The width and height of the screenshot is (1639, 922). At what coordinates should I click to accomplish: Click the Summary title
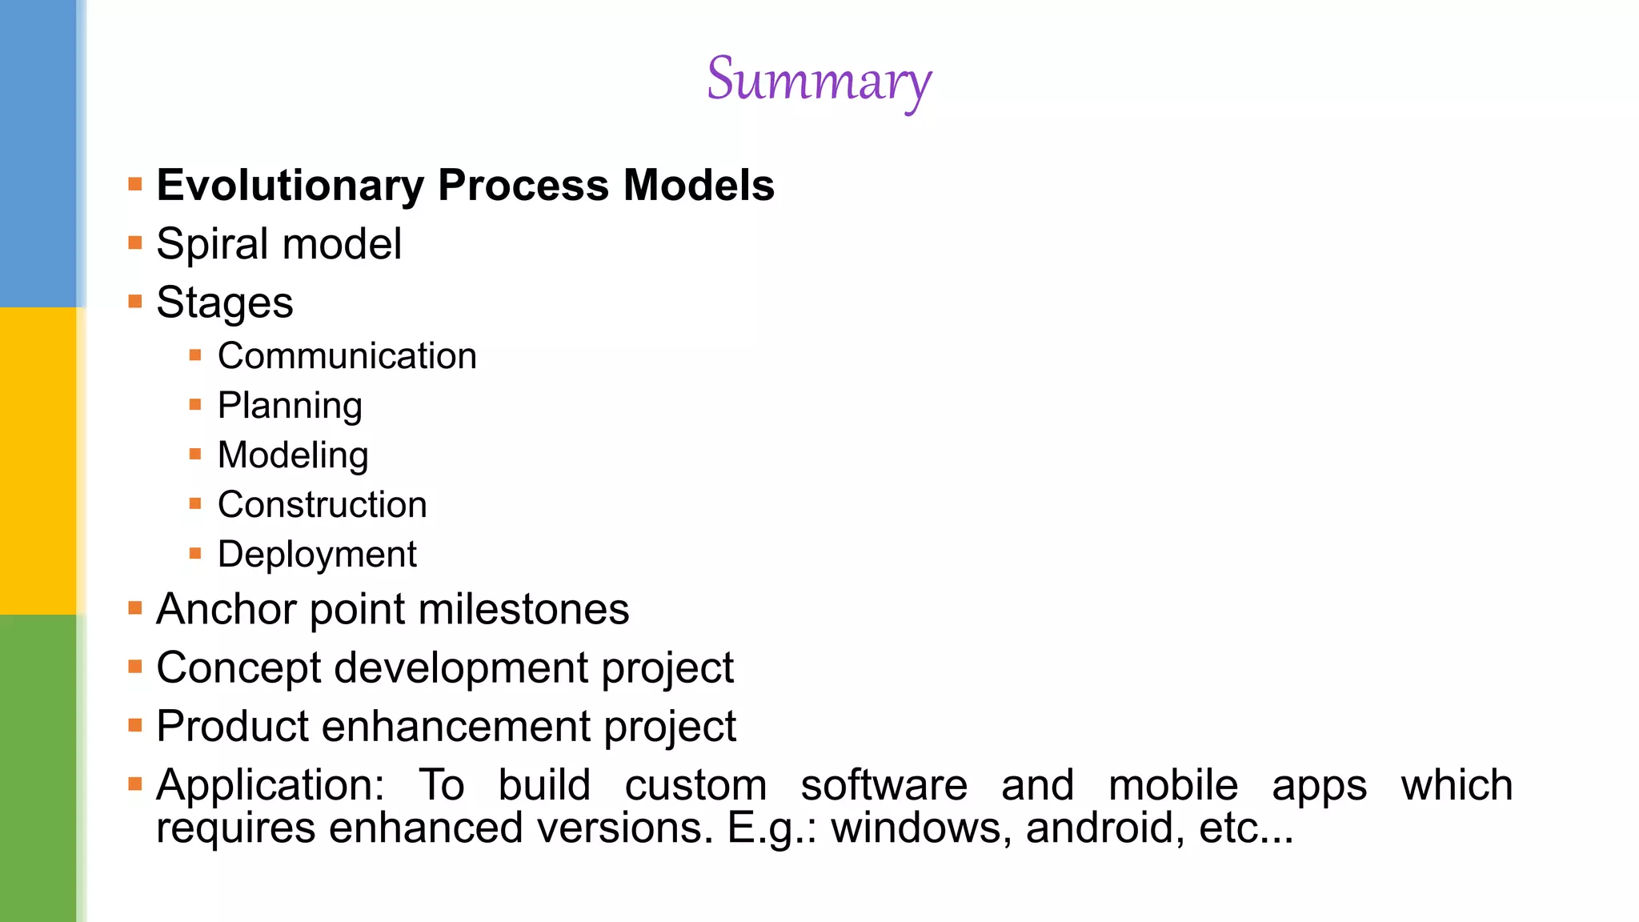[819, 80]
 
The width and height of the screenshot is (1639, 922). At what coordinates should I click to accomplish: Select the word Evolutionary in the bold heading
[290, 186]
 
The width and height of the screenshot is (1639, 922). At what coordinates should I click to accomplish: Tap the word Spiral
[210, 244]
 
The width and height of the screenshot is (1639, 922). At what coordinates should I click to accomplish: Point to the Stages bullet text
[225, 303]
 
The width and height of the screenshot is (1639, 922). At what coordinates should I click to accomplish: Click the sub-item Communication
[347, 356]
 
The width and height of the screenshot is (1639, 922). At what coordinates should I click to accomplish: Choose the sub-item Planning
[290, 406]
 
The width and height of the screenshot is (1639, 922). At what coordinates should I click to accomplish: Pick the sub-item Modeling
[293, 455]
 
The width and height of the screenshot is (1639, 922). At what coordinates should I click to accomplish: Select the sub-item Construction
[322, 505]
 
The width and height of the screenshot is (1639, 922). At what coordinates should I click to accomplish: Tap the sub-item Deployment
[317, 555]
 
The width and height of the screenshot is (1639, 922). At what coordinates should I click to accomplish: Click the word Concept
[238, 668]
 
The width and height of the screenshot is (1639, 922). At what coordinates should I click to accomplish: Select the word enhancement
[457, 727]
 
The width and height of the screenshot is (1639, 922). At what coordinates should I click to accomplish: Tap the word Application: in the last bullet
[270, 785]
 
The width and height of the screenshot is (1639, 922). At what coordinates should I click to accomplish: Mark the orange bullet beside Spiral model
[135, 243]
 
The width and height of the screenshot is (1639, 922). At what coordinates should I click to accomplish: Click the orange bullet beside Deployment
[195, 553]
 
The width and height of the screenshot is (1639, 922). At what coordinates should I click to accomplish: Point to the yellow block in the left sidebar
[38, 461]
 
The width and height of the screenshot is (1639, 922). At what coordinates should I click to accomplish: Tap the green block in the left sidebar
[38, 768]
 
